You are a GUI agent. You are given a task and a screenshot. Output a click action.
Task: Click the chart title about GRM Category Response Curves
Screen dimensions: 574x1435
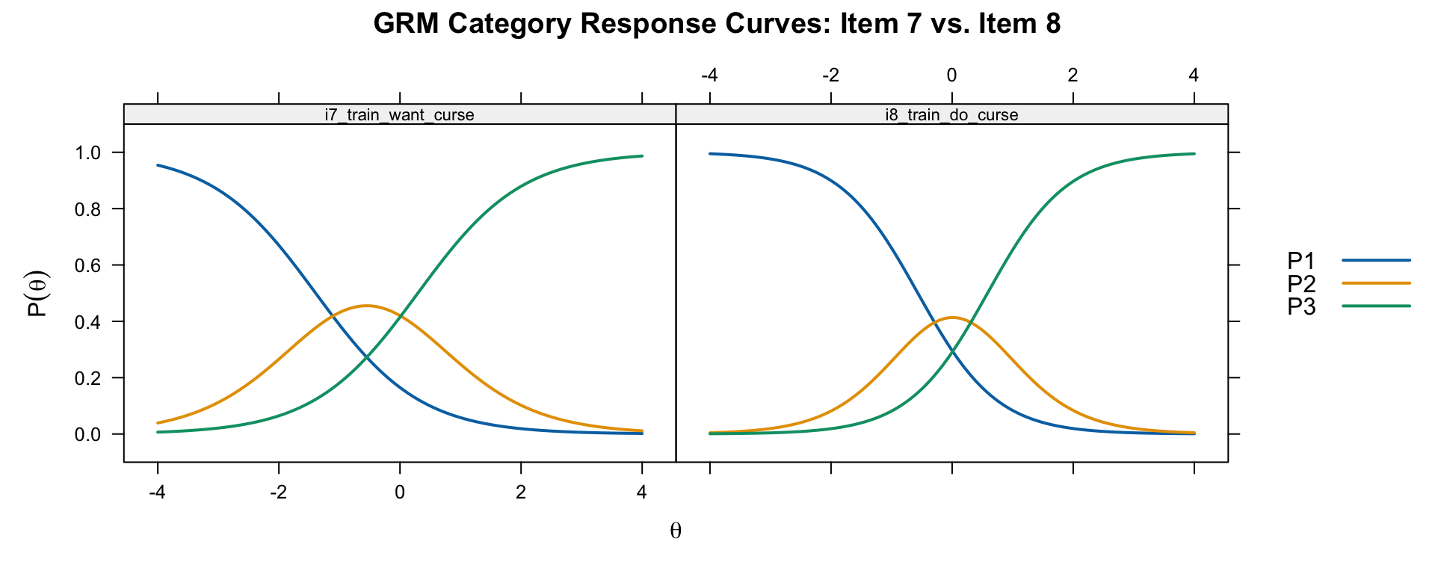click(x=717, y=25)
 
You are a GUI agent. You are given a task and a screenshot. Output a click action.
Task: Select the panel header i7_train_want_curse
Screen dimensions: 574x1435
click(x=399, y=115)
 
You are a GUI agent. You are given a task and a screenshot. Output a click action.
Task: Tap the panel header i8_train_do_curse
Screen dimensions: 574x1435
click(x=951, y=115)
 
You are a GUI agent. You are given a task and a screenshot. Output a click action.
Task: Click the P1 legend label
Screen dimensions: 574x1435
click(x=1300, y=261)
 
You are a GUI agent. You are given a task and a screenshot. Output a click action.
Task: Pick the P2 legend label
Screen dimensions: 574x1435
click(x=1300, y=284)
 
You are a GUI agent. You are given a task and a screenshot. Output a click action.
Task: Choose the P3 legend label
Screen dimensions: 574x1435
click(x=1300, y=306)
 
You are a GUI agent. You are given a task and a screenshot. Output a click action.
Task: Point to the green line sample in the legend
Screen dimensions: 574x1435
click(x=1376, y=306)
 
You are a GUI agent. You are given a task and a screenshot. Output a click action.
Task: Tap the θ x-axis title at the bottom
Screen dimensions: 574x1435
click(x=676, y=531)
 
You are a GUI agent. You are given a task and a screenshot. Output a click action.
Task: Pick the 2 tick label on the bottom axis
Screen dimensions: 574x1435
click(x=521, y=492)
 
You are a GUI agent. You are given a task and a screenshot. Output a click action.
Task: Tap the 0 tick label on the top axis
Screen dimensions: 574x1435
click(x=951, y=75)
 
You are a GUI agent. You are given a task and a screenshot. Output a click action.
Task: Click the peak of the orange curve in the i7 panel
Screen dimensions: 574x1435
click(x=366, y=306)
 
